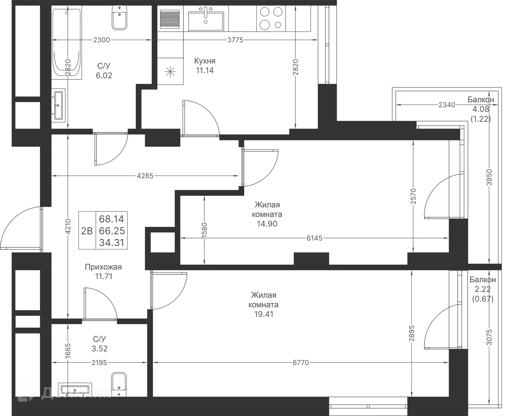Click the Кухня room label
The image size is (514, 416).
coord(205,61)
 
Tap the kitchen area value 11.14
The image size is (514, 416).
coord(205,71)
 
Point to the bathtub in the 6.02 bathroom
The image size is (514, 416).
coord(67,43)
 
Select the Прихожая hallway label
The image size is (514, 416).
coord(103,267)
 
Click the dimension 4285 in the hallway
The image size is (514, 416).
coord(145,176)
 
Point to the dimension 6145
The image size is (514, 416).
coord(315,238)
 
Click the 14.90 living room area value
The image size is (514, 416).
coord(267,224)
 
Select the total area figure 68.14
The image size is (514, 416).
coord(111,219)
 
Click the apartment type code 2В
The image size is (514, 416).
coord(87,231)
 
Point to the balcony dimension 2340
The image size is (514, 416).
coord(447,105)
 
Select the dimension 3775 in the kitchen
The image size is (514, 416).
coord(235,40)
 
